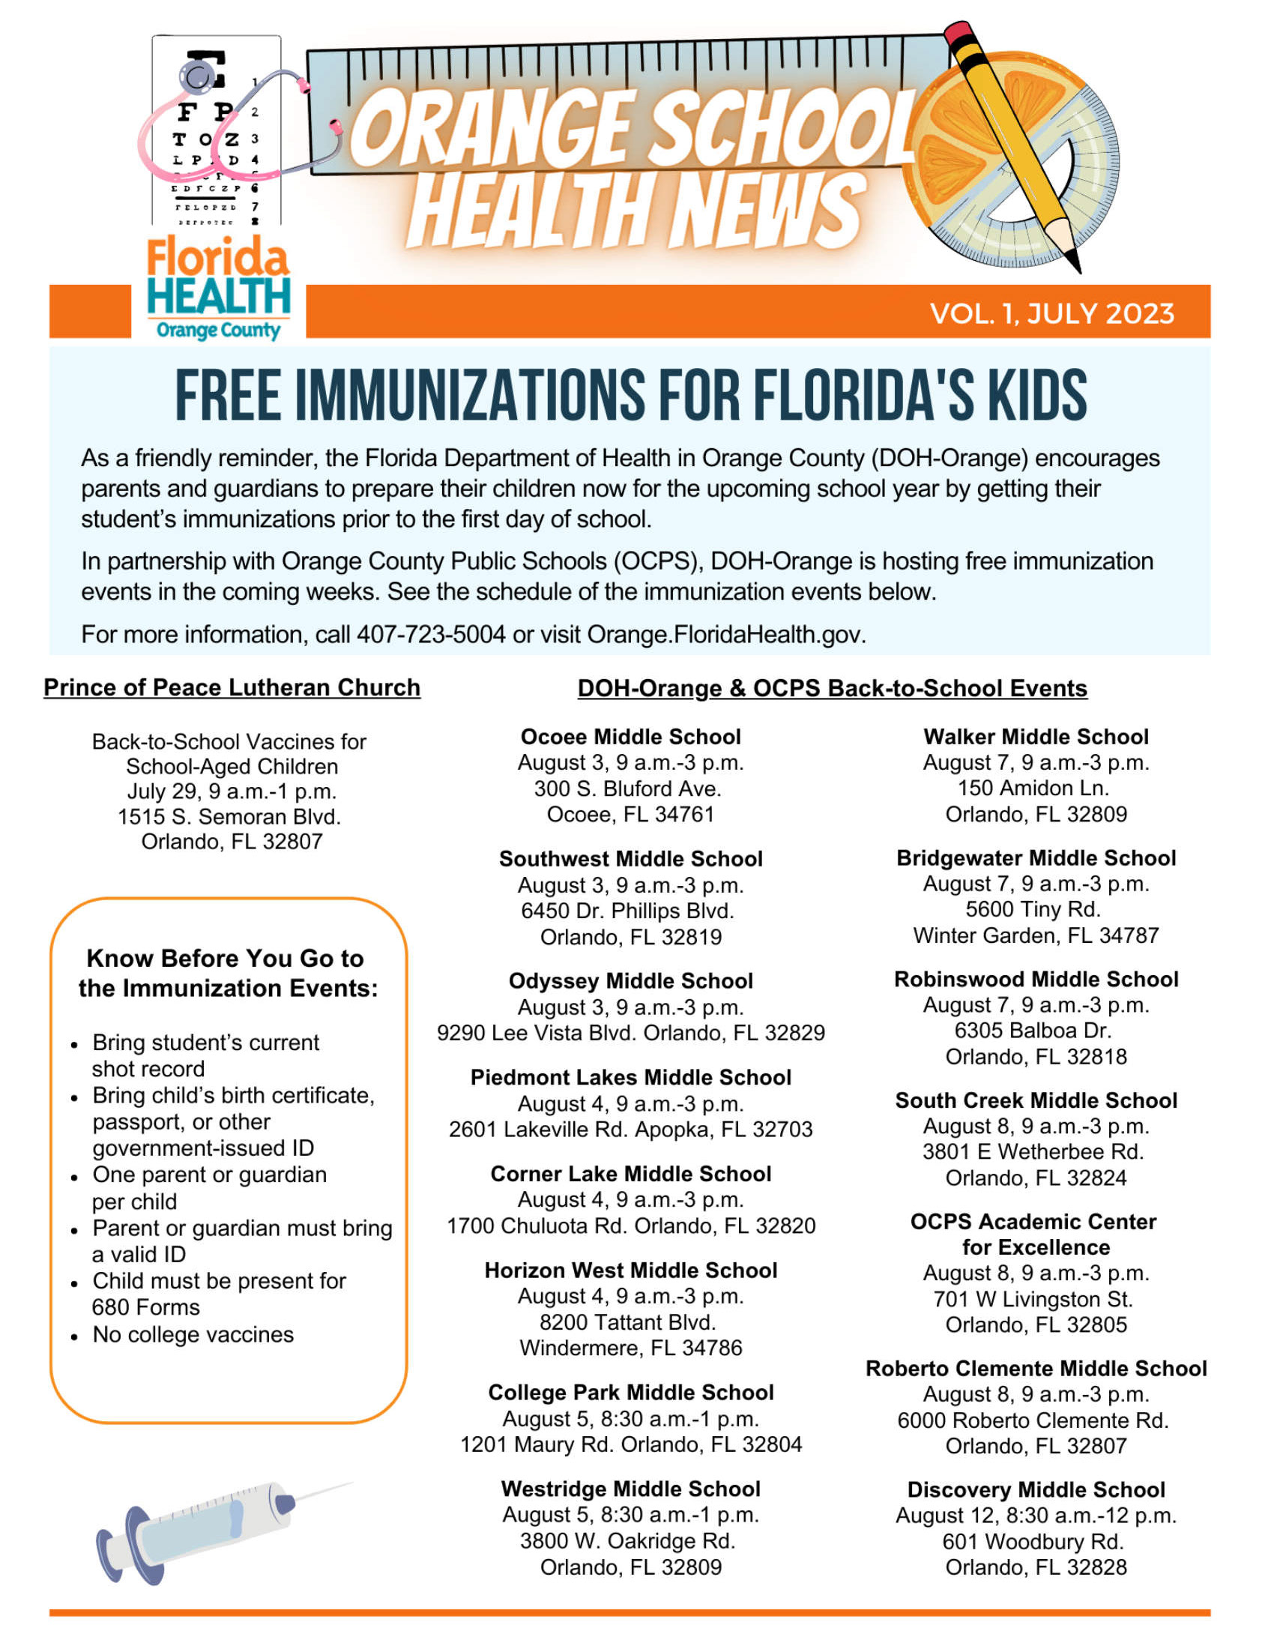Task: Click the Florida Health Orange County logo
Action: point(218,288)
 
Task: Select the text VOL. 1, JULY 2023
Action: point(1052,313)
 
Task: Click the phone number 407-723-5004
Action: point(431,634)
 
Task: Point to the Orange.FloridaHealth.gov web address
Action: point(725,634)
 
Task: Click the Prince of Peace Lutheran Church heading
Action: point(232,687)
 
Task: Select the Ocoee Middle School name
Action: point(631,736)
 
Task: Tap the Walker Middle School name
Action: point(1036,736)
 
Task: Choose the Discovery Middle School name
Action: point(1036,1489)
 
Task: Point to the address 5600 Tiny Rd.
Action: point(1033,908)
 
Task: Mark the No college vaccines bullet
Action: point(193,1334)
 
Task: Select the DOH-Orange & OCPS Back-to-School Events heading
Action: point(832,688)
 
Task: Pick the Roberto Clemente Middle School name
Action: point(1036,1368)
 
